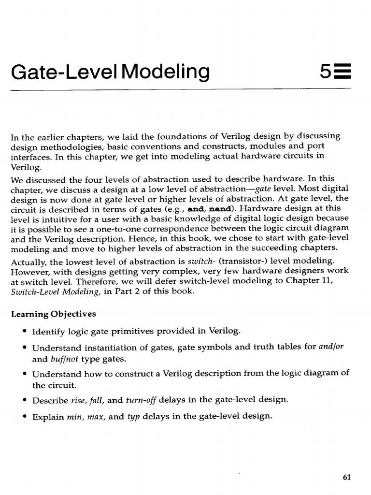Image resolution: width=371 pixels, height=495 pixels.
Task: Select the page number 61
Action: pos(346,477)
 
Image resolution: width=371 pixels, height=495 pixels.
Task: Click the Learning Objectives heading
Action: pos(54,314)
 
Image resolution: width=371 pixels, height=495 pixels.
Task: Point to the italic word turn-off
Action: pos(141,400)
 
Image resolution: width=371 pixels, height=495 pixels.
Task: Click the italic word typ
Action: pos(133,416)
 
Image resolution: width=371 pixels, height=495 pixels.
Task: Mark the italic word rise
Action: pos(73,400)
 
